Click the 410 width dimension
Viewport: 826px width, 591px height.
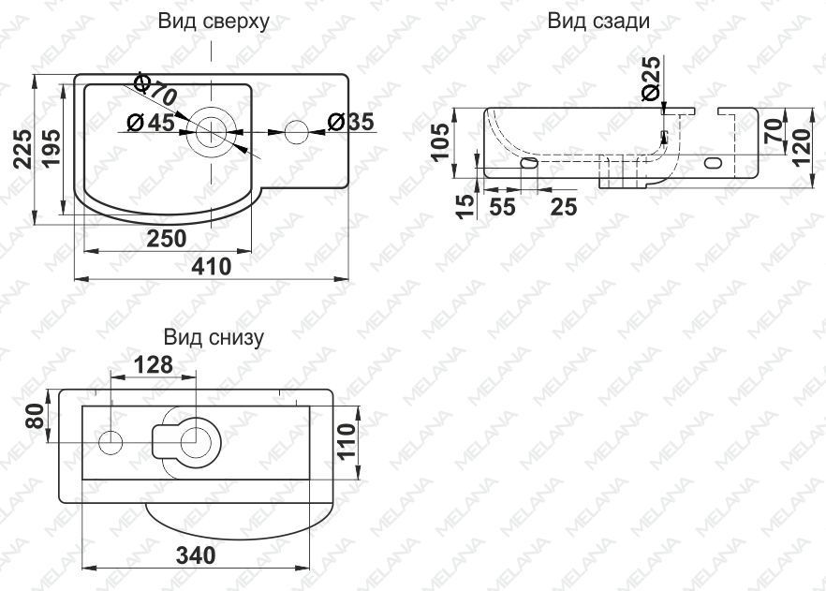(213, 266)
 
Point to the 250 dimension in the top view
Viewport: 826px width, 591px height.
(166, 239)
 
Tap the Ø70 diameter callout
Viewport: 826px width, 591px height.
(155, 90)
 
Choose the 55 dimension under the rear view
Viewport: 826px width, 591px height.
(503, 208)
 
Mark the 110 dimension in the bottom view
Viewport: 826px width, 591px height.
(347, 443)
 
